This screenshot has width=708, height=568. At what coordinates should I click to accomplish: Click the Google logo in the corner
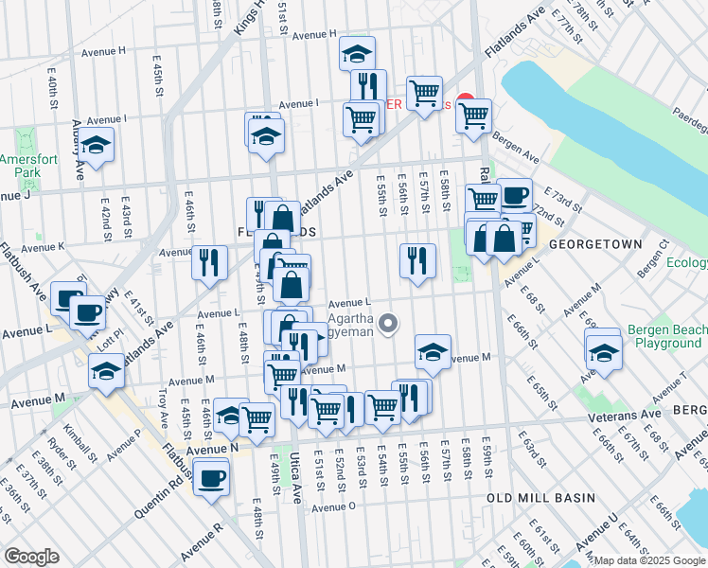[x=31, y=557]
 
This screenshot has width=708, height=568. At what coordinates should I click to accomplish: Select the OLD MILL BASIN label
[x=540, y=497]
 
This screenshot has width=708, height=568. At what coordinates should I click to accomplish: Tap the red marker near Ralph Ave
[x=465, y=101]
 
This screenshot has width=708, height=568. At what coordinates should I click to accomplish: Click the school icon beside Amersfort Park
[x=96, y=146]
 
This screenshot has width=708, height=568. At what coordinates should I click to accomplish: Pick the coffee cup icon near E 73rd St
[x=514, y=196]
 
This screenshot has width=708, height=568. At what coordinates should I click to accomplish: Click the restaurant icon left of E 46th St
[x=208, y=261]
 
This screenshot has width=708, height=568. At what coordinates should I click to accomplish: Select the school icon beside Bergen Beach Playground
[x=603, y=351]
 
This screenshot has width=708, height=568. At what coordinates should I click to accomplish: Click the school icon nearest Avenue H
[x=357, y=53]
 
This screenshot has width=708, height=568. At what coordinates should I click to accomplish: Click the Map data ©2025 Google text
[x=647, y=560]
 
